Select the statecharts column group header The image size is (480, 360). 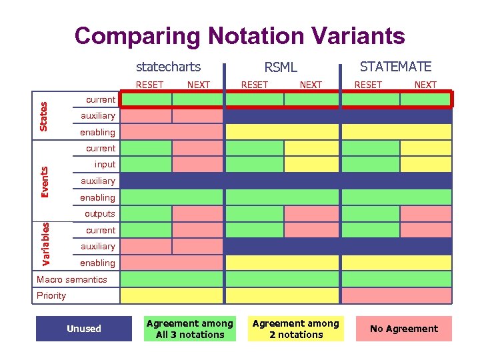point(168,67)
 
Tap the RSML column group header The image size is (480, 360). point(281,67)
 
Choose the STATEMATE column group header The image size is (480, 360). point(395,67)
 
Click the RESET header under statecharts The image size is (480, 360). point(149,85)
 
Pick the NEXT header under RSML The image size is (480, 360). point(311,85)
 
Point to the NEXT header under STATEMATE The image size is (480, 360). point(425,85)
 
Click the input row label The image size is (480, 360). point(105,165)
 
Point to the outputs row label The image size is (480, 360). point(99,214)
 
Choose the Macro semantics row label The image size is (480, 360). point(71,279)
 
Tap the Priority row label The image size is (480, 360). point(51,295)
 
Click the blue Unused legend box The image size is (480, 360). point(84,329)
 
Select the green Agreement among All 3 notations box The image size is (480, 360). point(190,329)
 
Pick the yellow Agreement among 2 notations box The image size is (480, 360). point(296,329)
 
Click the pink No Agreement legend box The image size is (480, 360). point(403,329)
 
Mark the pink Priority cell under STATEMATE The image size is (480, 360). point(397,295)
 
